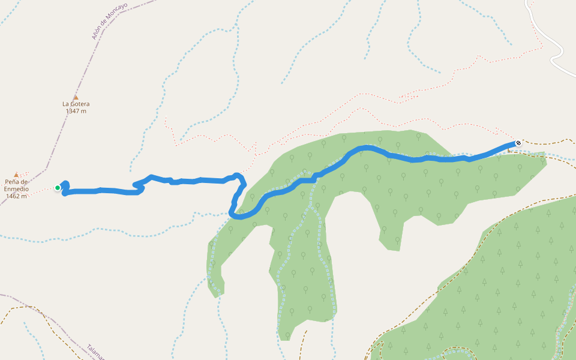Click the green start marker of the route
point(58,188)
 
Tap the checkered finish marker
point(518,143)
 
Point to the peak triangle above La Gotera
point(76,97)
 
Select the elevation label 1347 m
point(76,111)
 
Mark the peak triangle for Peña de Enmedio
point(16,175)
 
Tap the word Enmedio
point(16,189)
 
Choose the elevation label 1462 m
point(16,196)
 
